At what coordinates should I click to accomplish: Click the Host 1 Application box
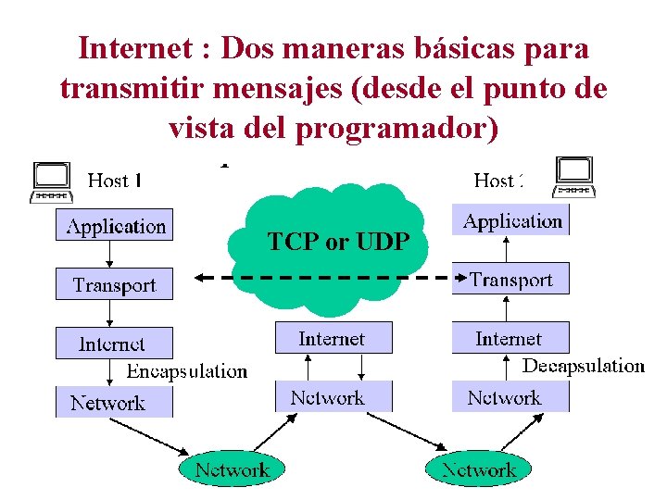(115, 226)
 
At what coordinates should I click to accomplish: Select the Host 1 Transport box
(115, 284)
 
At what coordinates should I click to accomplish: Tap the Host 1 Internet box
(113, 344)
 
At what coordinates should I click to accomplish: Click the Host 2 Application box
(511, 221)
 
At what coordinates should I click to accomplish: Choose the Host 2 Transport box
(511, 279)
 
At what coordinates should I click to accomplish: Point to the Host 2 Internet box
(510, 338)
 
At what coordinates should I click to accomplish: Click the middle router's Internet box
(333, 338)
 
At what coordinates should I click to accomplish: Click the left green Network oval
(233, 469)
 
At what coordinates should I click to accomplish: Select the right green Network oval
(479, 469)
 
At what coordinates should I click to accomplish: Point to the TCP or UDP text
(338, 243)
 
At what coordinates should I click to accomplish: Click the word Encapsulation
(187, 371)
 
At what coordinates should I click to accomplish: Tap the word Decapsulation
(584, 366)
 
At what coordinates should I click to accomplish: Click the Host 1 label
(114, 181)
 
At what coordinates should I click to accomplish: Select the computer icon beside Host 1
(52, 181)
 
